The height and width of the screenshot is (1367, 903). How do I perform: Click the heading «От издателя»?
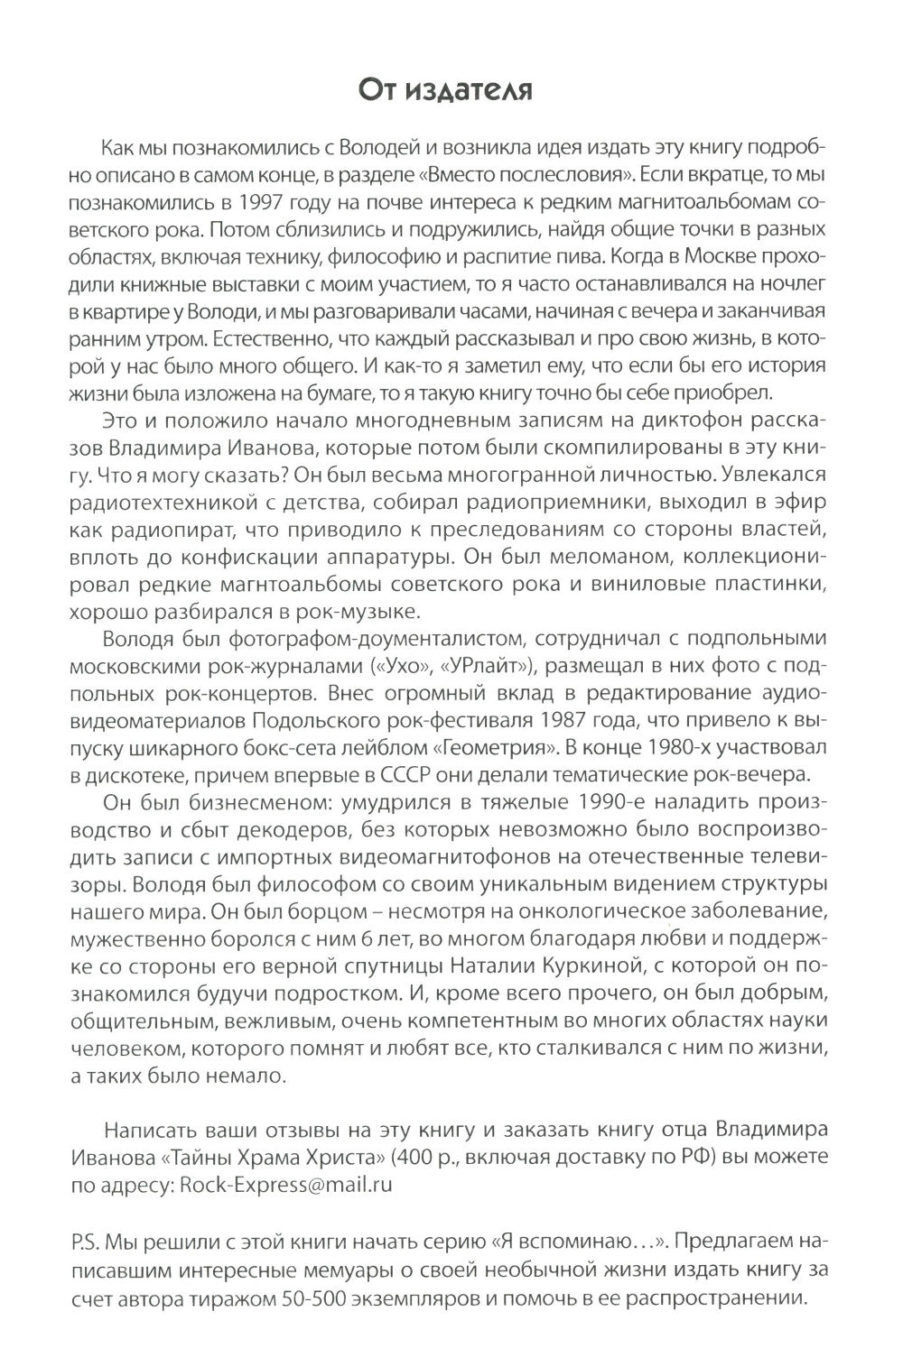(451, 90)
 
